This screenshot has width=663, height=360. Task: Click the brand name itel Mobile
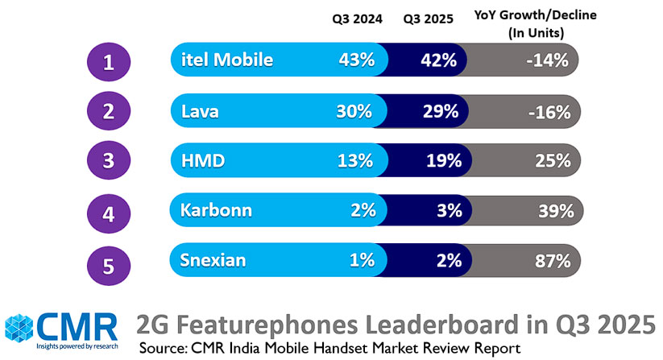pyautogui.click(x=227, y=60)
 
